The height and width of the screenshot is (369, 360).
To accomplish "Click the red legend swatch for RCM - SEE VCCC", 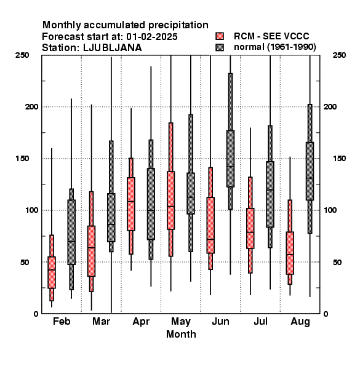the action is point(220,36).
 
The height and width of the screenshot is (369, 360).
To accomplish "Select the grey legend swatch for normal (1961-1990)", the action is point(220,47).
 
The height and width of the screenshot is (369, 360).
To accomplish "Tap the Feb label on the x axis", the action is point(62,321).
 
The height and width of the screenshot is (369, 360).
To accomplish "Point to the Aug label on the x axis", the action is point(300,322).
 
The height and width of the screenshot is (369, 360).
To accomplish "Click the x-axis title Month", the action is point(181,334).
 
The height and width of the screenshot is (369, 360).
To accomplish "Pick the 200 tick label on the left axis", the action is point(31,106).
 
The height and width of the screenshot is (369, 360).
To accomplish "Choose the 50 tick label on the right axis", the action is point(337,262).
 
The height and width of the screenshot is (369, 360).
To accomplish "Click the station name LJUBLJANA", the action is point(113,48).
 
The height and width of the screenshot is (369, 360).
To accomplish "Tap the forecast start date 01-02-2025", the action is point(151,37).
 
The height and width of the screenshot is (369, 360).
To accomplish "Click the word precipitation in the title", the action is point(177,25).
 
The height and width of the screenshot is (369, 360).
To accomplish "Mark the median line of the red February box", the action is point(52,270).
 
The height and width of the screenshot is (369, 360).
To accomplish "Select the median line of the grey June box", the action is point(231,167).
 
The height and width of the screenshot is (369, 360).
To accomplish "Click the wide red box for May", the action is point(171,200).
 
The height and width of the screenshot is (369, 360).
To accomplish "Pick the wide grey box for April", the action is point(151,204).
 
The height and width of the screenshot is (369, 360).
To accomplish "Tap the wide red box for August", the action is point(290,253).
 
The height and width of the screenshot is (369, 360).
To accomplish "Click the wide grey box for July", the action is point(270,194).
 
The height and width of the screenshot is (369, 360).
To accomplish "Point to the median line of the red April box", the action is point(131,201).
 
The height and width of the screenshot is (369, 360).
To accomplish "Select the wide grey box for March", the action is point(111,218).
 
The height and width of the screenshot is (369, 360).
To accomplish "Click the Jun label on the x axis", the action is point(220,321).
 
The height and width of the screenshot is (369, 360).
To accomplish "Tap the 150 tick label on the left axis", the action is point(22,159).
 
